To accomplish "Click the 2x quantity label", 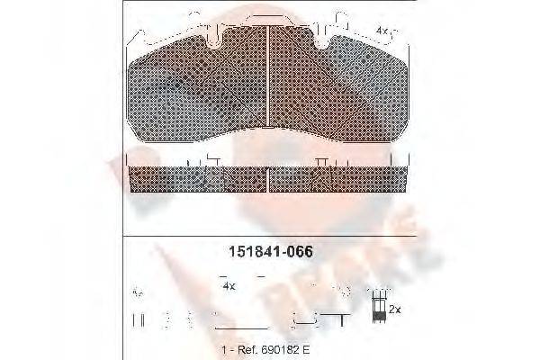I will tap(394, 309).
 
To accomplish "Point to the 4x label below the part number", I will tap(228, 285).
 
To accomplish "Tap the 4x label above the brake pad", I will tap(382, 30).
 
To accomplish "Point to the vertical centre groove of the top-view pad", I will tap(271, 85).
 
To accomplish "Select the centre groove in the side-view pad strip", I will tap(271, 180).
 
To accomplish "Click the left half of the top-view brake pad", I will tap(198, 90).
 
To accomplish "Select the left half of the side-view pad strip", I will tap(198, 180).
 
